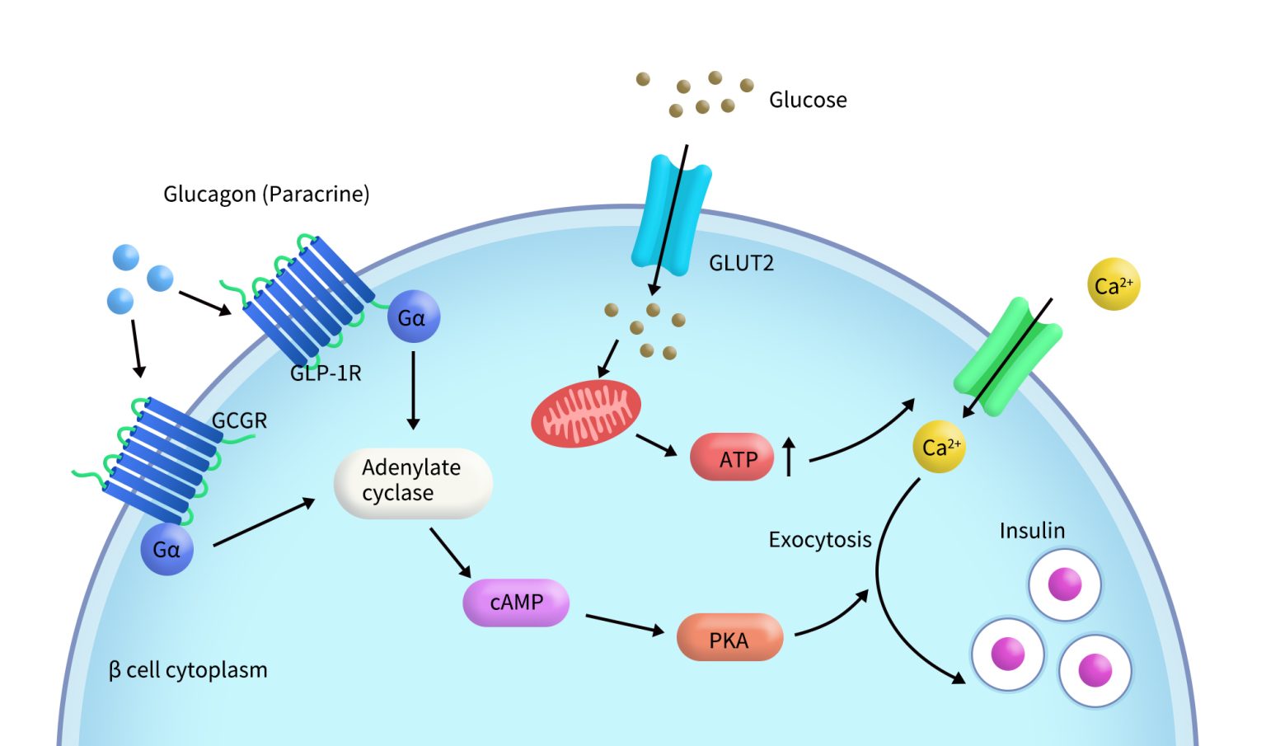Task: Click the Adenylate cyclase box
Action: pos(412,483)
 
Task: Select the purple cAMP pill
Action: pos(516,603)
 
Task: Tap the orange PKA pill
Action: pos(729,637)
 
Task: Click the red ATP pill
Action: pos(732,457)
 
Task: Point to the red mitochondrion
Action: pos(585,413)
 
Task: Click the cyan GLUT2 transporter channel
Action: pos(671,214)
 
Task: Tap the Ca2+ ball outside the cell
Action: pos(1114,285)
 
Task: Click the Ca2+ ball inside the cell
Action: pos(939,447)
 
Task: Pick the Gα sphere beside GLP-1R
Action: pos(414,317)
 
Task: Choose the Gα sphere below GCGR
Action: pos(166,549)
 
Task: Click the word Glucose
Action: pos(808,100)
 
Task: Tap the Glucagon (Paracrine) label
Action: pos(266,195)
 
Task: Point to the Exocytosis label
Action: pos(819,540)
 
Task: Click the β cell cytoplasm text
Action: pos(188,670)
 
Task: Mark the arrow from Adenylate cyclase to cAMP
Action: pos(450,552)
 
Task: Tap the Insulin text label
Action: pos(1032,531)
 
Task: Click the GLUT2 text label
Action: pos(741,264)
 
